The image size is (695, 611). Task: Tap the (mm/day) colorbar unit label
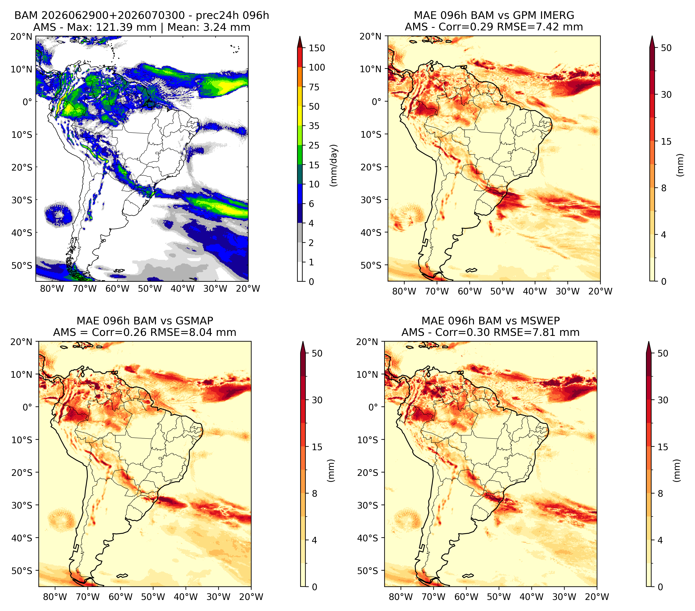tap(334, 165)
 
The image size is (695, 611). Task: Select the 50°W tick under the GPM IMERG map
tap(502, 291)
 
